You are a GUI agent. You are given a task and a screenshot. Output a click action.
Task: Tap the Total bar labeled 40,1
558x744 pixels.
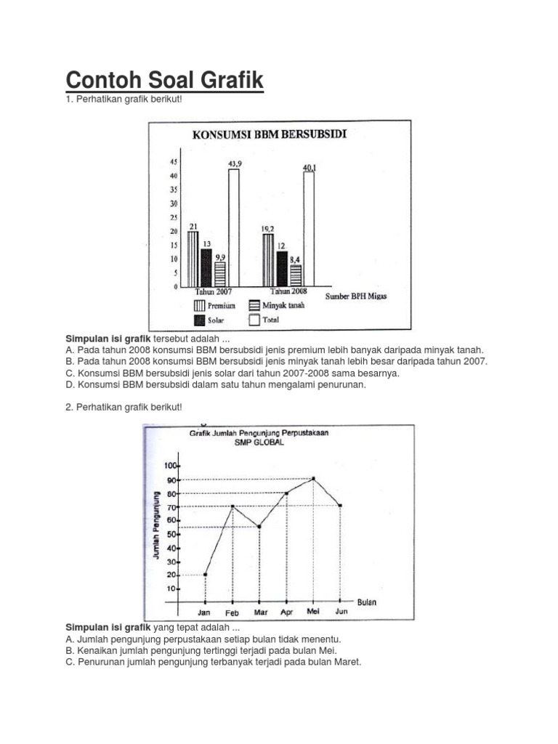click(309, 230)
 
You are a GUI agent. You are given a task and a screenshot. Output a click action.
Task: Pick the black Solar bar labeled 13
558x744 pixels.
click(206, 267)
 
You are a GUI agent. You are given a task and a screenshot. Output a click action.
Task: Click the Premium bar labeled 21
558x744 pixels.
click(193, 259)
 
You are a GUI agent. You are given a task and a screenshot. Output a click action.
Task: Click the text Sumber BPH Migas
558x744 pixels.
click(366, 296)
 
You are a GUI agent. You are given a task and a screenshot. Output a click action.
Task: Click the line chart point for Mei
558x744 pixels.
click(313, 479)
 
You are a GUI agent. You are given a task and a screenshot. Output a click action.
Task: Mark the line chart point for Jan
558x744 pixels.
click(205, 575)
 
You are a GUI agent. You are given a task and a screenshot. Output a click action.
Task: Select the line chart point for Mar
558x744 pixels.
click(259, 527)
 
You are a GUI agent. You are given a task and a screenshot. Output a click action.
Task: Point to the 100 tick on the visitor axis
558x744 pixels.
click(171, 466)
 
